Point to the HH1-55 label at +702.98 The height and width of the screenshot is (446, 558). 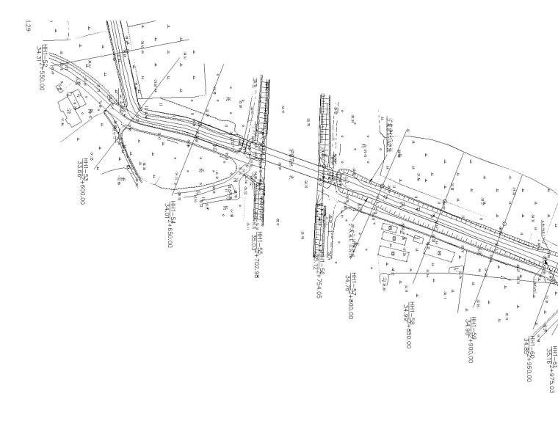point(255,253)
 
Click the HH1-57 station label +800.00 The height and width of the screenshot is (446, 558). point(351,295)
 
